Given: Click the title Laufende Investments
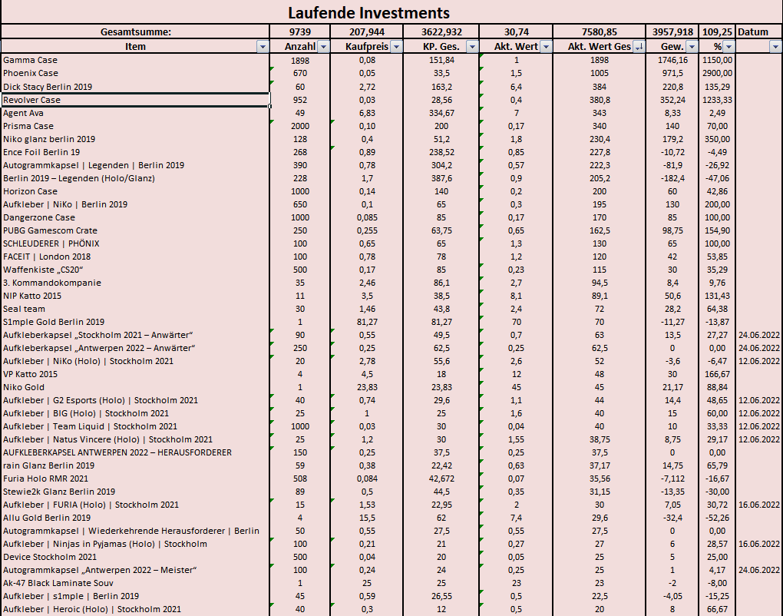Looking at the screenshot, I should tap(368, 13).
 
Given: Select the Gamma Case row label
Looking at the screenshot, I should tap(31, 60).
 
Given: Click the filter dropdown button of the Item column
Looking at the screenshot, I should tap(262, 47).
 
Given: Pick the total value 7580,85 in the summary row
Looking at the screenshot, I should tap(599, 32).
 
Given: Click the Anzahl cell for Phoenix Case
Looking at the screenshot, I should tap(299, 73).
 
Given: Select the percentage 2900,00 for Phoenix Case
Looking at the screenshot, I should tap(717, 73).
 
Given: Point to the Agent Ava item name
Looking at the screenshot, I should tap(24, 113).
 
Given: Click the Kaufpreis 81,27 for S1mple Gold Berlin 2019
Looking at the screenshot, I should tap(366, 322).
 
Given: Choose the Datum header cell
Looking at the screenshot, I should tap(753, 32).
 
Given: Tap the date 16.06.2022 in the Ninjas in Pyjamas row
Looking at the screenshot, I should tap(758, 544).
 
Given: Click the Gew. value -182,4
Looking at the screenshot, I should tap(672, 178).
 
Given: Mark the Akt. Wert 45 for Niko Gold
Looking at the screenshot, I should tap(517, 387).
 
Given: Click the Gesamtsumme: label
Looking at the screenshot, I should tap(136, 32).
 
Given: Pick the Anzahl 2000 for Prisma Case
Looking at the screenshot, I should tap(299, 126).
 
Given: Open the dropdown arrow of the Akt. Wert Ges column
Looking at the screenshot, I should tap(639, 47).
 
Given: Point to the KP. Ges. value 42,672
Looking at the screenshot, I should tap(440, 479).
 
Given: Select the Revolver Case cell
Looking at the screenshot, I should tap(32, 100).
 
